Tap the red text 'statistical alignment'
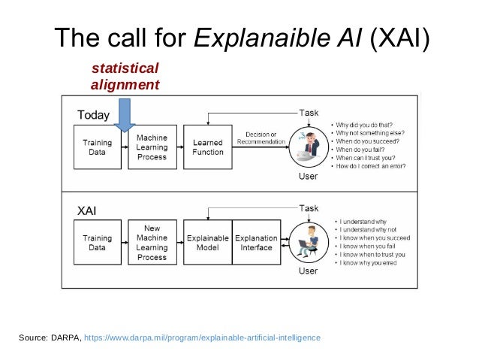click(x=125, y=77)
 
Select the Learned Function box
click(x=208, y=147)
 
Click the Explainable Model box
click(x=207, y=243)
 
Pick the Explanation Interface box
click(x=257, y=243)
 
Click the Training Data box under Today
click(x=97, y=147)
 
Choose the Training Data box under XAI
click(x=97, y=243)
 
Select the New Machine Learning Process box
click(x=152, y=242)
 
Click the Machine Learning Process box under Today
click(x=152, y=147)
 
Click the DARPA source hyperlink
click(x=203, y=338)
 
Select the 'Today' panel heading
click(x=94, y=115)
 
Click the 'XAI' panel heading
click(x=87, y=211)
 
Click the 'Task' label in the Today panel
click(x=309, y=112)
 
